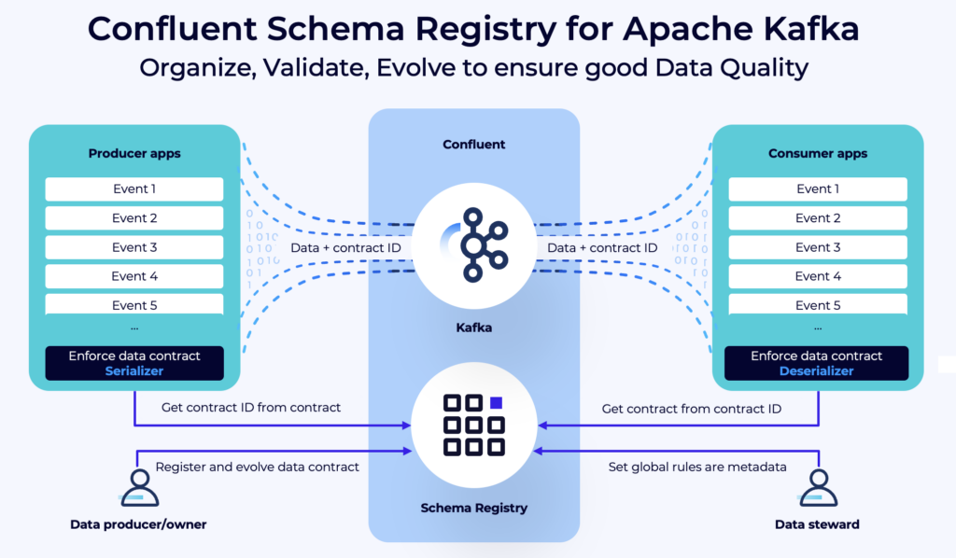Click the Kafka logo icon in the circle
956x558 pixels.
click(x=473, y=245)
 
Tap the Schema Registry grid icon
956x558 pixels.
click(x=473, y=425)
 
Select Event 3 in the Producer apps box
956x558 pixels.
click(x=134, y=247)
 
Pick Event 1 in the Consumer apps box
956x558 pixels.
click(x=818, y=189)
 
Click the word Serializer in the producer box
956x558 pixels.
click(x=134, y=370)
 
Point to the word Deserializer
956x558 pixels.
click(x=817, y=370)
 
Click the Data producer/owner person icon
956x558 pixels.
click(x=137, y=488)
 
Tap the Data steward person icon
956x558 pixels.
click(x=819, y=488)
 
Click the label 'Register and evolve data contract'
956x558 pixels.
click(x=257, y=467)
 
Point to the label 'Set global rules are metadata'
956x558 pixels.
click(x=692, y=467)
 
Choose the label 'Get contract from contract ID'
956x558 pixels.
click(x=690, y=408)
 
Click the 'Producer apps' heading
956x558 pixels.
click(x=134, y=153)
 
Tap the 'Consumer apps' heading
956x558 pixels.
click(x=817, y=153)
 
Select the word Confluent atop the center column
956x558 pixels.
click(x=473, y=145)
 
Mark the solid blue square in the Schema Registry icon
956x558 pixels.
click(x=497, y=403)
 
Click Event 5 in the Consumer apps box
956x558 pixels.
click(x=818, y=305)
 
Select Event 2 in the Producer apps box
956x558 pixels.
click(x=134, y=218)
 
